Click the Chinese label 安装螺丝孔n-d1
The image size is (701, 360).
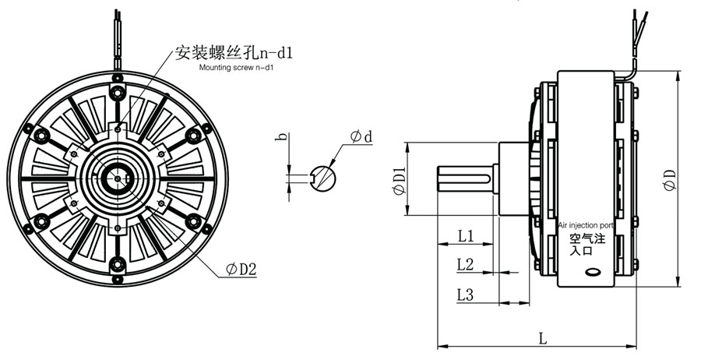click(x=234, y=53)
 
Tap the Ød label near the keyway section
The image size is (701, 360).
click(x=361, y=137)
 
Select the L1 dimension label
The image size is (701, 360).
click(x=467, y=235)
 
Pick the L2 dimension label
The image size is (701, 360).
click(x=466, y=264)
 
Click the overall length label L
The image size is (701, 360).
click(x=543, y=337)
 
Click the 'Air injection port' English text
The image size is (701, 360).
click(x=587, y=225)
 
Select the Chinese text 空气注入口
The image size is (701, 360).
click(x=582, y=245)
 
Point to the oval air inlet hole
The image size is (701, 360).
click(x=593, y=273)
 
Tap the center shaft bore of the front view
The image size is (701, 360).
click(x=117, y=178)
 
